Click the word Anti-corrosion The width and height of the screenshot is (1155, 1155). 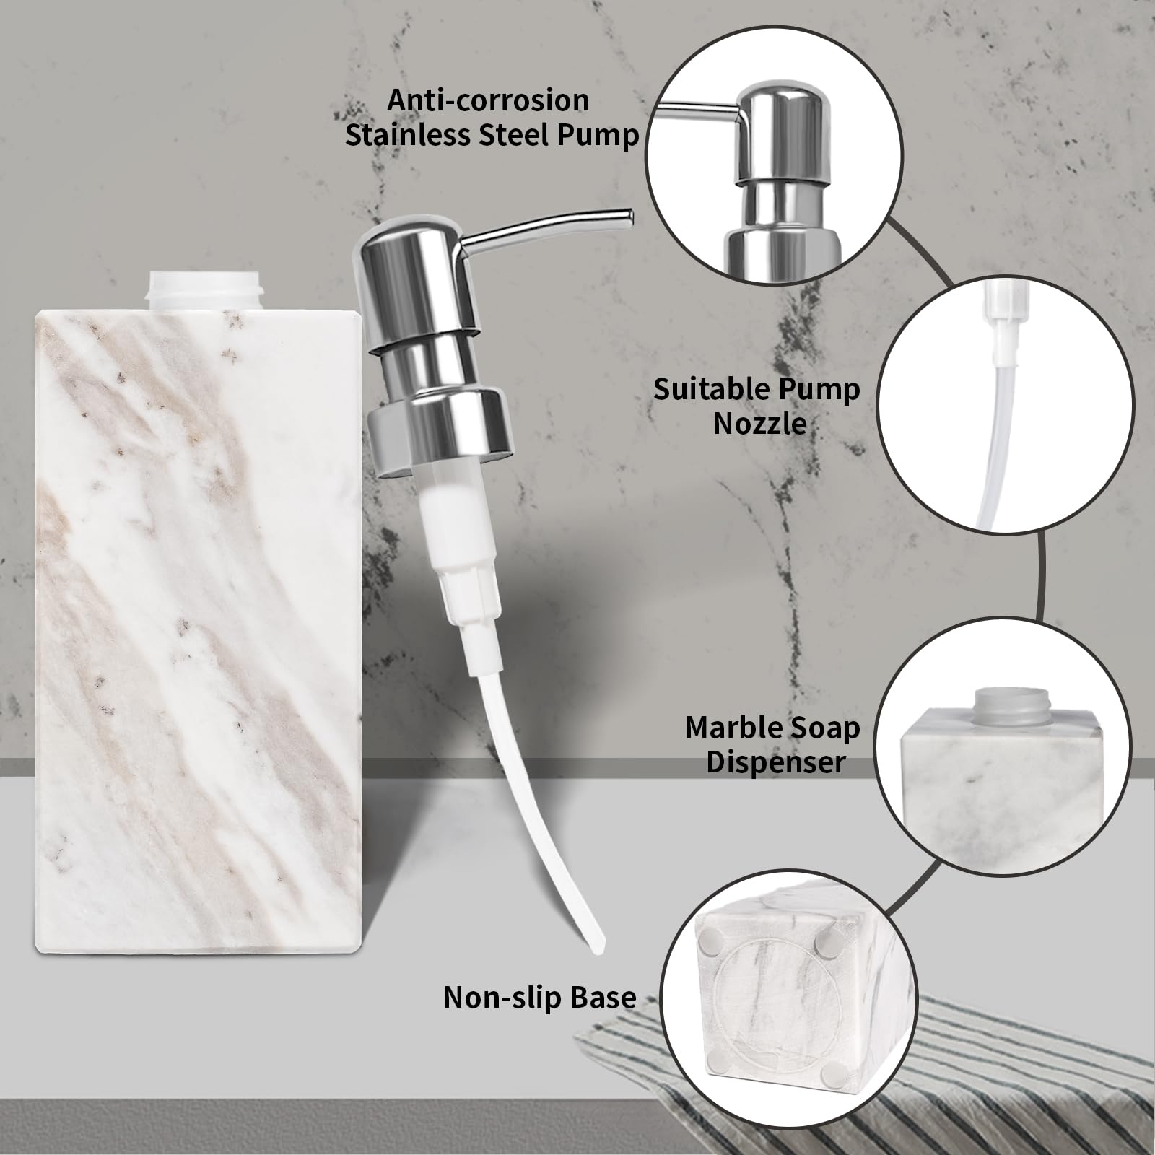click(488, 100)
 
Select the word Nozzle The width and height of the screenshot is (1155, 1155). click(759, 423)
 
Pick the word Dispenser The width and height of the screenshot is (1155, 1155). click(775, 762)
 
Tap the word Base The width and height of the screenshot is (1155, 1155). click(603, 997)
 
